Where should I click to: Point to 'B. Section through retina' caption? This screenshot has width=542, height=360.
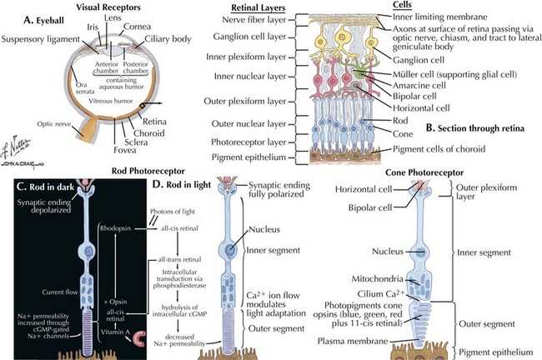coord(474,129)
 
